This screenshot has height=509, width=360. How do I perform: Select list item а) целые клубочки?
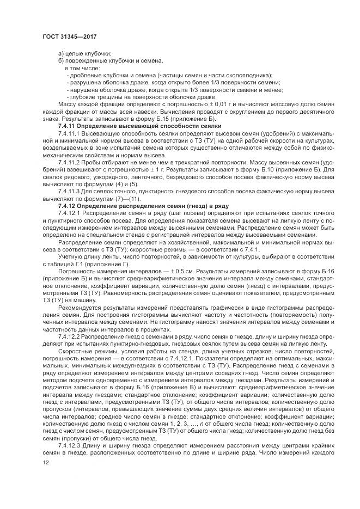click(84, 53)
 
